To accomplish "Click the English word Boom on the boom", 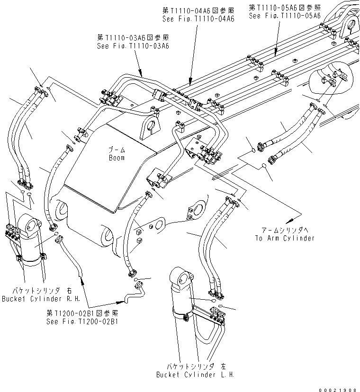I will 116,158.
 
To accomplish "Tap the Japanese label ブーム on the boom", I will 116,150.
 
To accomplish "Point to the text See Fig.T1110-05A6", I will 285,15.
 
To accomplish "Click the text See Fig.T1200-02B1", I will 82,321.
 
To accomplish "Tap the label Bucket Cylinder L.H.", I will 195,374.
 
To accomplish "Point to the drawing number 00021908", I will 337,387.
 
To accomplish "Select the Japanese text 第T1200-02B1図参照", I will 82,313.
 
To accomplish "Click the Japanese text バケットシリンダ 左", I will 195,366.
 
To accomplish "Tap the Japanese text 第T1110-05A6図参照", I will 285,7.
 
